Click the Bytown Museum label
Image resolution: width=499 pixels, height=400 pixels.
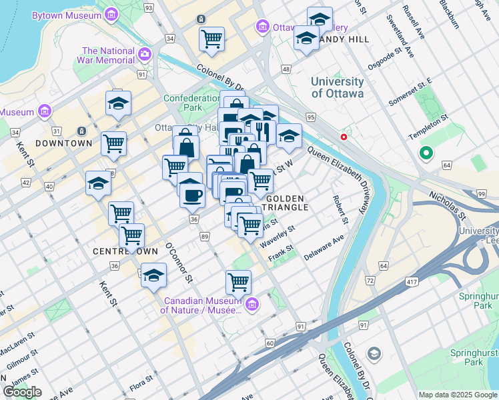(67, 14)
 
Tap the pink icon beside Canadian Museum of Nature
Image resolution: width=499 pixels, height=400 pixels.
(252, 305)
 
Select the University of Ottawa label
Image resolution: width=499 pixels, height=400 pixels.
(338, 87)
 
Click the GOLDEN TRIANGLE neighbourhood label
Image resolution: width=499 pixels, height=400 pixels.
(287, 203)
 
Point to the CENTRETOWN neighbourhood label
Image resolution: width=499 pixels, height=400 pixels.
(125, 251)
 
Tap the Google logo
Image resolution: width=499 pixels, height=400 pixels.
(22, 392)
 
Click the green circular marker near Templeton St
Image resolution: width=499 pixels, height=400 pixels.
(426, 154)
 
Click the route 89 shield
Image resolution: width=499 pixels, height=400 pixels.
(204, 237)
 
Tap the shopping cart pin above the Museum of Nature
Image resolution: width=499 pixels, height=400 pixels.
(238, 281)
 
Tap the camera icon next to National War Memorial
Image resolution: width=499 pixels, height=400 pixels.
(144, 53)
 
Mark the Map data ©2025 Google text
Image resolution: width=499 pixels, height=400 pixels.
(458, 395)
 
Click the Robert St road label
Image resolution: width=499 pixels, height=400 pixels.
(341, 209)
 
